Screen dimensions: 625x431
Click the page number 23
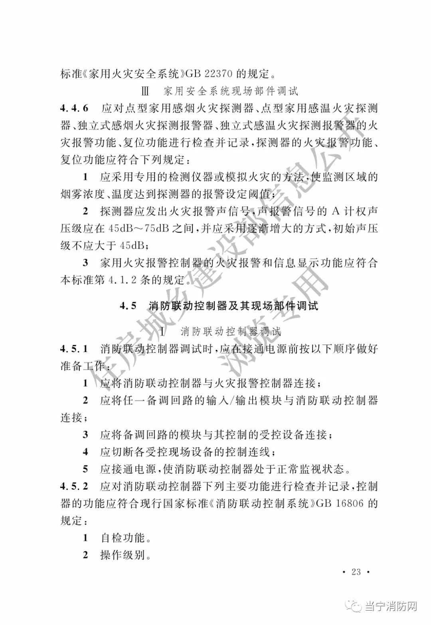tap(356, 572)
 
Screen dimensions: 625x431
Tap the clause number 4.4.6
tap(74, 109)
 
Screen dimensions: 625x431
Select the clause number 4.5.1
tap(74, 349)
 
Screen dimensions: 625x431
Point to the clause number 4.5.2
tap(74, 487)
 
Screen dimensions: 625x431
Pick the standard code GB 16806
tap(340, 504)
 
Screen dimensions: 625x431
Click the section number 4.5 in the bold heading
tap(128, 306)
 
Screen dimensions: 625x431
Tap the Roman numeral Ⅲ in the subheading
tap(145, 91)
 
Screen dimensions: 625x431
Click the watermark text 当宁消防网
tap(391, 607)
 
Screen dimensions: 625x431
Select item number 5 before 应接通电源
tap(85, 469)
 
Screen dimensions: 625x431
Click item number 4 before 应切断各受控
tap(85, 452)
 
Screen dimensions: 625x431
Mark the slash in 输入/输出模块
tap(231, 401)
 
